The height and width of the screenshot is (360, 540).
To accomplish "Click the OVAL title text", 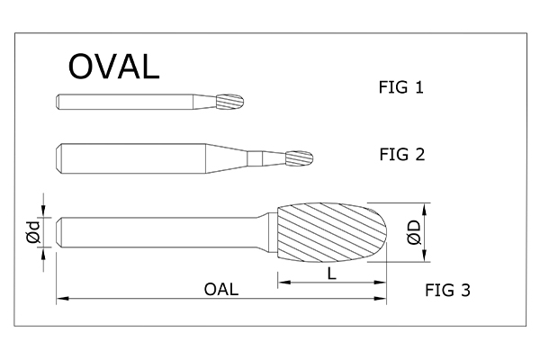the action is point(114,67).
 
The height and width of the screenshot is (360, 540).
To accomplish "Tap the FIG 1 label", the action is point(400,87).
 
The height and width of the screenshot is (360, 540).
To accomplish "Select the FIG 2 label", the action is point(402,154).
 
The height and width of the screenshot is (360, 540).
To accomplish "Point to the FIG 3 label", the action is point(447,290).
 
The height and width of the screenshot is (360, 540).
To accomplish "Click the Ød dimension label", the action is point(34,232).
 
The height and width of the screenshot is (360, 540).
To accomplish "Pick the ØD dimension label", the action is point(414,232).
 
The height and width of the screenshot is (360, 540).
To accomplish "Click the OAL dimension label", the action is point(221,290).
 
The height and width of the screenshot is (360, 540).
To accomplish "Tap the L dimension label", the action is point(331,274).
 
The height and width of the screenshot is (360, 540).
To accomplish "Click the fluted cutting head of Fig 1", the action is point(231,102).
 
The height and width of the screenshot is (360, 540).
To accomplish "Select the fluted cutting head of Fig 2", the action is point(300,158).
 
